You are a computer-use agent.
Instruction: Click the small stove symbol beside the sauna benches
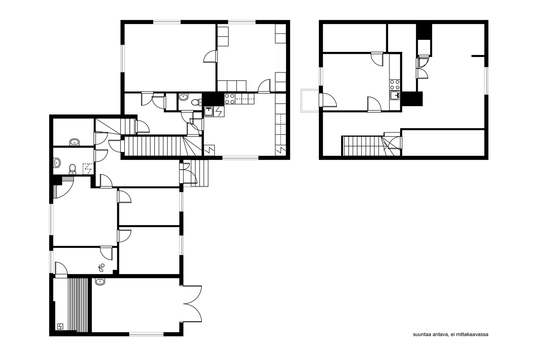click(x=60, y=327)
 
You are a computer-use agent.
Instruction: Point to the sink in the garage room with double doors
click(x=100, y=281)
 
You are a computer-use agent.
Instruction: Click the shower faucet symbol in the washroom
click(x=102, y=268)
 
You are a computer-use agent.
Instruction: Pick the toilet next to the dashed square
click(x=72, y=169)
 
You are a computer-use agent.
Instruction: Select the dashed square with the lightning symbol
click(x=88, y=169)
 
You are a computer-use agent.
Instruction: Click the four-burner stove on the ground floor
click(x=230, y=99)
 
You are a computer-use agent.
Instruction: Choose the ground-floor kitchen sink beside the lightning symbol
click(x=209, y=112)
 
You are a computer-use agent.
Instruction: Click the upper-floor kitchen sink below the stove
click(x=395, y=95)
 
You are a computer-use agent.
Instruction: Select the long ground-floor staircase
click(x=163, y=146)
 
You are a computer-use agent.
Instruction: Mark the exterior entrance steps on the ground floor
click(x=199, y=173)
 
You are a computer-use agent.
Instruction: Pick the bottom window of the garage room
click(x=146, y=334)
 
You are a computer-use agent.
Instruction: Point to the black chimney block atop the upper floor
click(x=424, y=32)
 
